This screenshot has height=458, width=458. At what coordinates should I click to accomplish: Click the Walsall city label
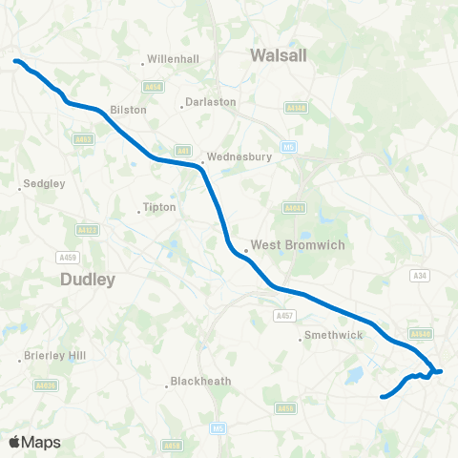point(279,55)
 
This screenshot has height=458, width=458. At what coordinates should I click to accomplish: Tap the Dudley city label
point(88,280)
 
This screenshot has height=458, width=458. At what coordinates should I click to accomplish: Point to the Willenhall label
point(173,59)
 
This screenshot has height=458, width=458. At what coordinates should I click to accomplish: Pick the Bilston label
point(129,110)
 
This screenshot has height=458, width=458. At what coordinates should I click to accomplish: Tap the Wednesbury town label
point(239,156)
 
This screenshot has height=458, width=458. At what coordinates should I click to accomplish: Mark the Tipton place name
point(156,207)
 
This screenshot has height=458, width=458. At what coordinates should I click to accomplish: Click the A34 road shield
point(420,275)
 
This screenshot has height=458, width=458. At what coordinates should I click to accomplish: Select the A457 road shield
point(282,315)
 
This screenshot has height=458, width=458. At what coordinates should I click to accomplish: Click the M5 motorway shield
point(219,427)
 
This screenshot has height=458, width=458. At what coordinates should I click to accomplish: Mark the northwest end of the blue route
point(15,62)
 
